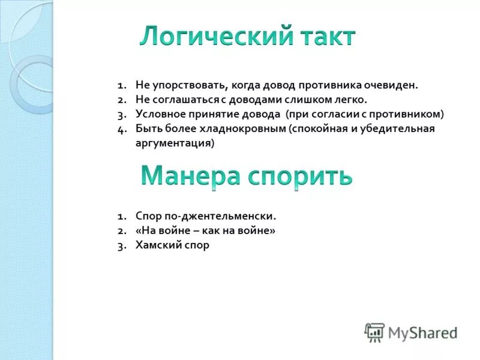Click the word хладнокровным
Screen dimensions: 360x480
click(239, 128)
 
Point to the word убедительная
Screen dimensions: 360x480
click(401, 128)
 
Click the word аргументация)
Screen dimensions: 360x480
click(175, 143)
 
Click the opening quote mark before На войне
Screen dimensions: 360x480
click(139, 230)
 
